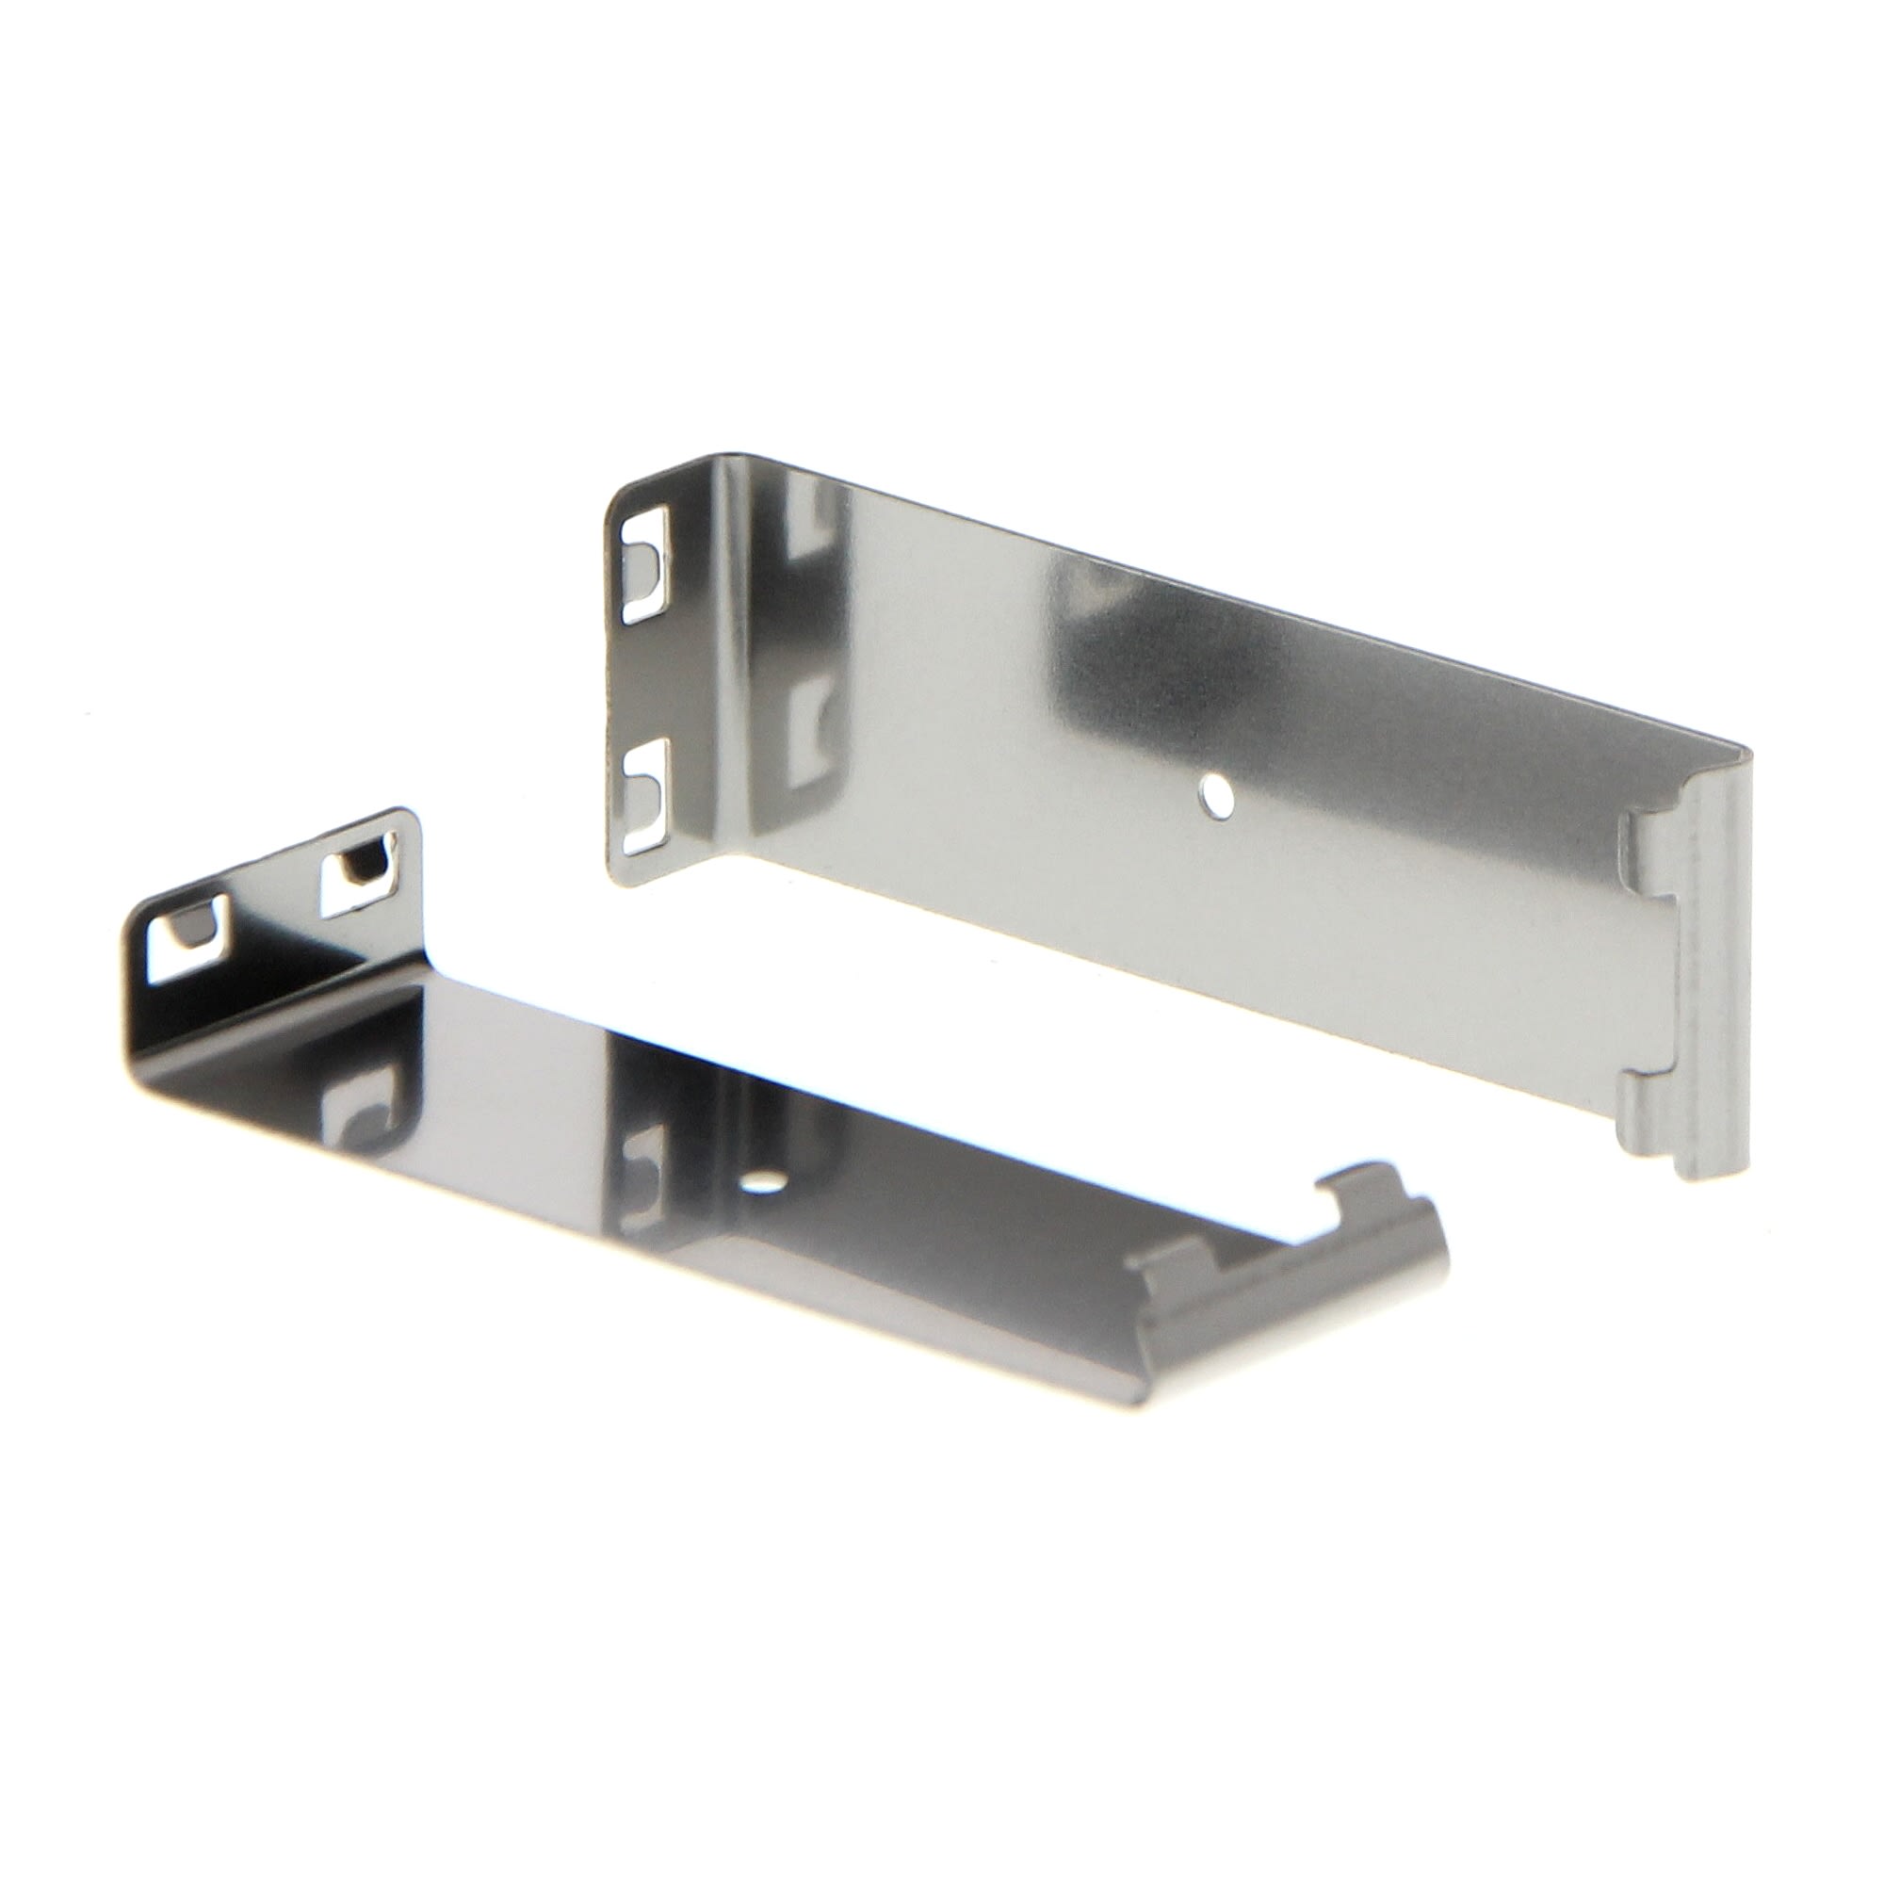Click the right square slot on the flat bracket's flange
coord(362,863)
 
